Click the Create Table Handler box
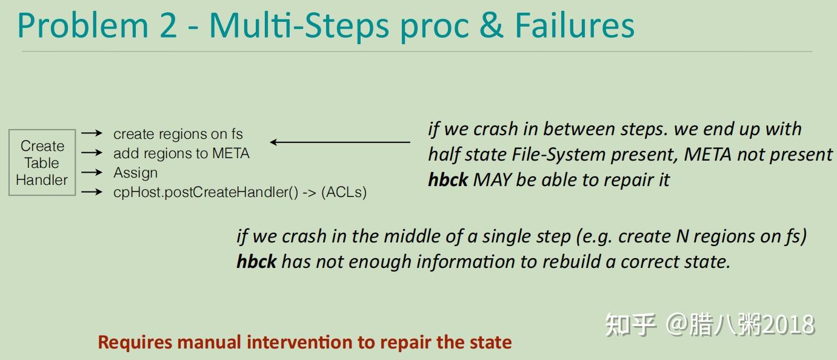click(x=42, y=162)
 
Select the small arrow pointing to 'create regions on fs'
click(x=92, y=133)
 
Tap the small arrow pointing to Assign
click(x=92, y=172)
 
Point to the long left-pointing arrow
click(x=340, y=142)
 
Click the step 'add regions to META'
click(x=181, y=153)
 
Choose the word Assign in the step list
click(x=135, y=173)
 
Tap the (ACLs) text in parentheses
click(x=344, y=192)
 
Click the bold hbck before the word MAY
click(x=448, y=180)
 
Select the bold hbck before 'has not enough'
click(x=256, y=262)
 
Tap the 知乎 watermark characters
click(x=630, y=325)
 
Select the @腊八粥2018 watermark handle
click(x=740, y=325)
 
